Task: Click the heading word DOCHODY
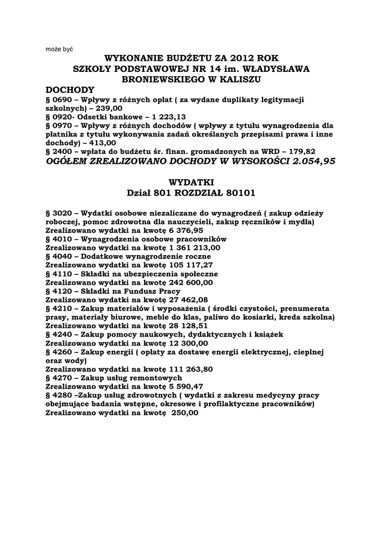pyautogui.click(x=70, y=90)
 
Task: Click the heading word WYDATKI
pyautogui.click(x=191, y=182)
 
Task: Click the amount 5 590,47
pyautogui.click(x=186, y=386)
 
